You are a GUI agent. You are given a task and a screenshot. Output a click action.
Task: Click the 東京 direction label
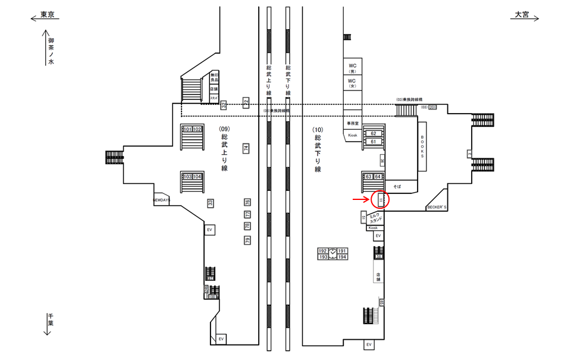[x=47, y=15]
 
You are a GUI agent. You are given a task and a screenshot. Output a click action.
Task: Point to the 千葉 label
[x=51, y=324]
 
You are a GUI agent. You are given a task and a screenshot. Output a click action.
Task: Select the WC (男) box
[x=352, y=67]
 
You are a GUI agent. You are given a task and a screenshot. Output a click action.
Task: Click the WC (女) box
[x=352, y=83]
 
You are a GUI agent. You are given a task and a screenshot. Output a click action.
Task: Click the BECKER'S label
[x=437, y=207]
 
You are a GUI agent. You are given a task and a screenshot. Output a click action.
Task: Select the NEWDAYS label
[x=161, y=201]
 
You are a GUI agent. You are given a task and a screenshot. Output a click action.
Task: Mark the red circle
[x=379, y=200]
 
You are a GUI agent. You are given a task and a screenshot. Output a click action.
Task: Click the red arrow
[x=360, y=200]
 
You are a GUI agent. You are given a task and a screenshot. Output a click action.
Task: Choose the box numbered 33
[x=211, y=204]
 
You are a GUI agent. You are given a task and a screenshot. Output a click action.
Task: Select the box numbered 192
[x=324, y=251]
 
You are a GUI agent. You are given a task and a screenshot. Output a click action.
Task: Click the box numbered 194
[x=342, y=257]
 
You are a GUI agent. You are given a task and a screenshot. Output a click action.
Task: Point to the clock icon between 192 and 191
[x=332, y=251]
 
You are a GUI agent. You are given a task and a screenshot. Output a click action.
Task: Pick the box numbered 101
[x=187, y=129]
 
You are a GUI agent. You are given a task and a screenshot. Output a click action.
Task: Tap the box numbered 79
[x=247, y=240]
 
